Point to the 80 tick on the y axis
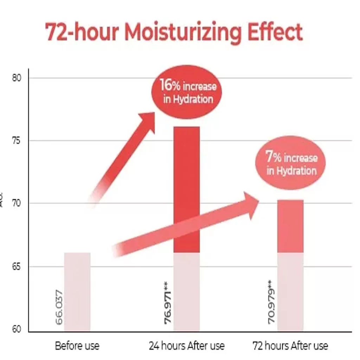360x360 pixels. [x=17, y=78]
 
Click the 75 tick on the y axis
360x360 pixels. [x=17, y=141]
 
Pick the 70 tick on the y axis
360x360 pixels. [x=17, y=203]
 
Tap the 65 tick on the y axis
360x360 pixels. [x=17, y=266]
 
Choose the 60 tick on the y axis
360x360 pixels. [x=17, y=329]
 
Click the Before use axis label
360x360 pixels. [x=77, y=346]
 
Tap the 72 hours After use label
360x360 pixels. [x=290, y=346]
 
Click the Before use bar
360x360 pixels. [x=77, y=292]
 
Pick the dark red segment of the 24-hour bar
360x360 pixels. [x=186, y=190]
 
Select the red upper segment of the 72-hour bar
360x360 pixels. [x=290, y=226]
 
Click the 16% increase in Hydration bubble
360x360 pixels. [x=188, y=92]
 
